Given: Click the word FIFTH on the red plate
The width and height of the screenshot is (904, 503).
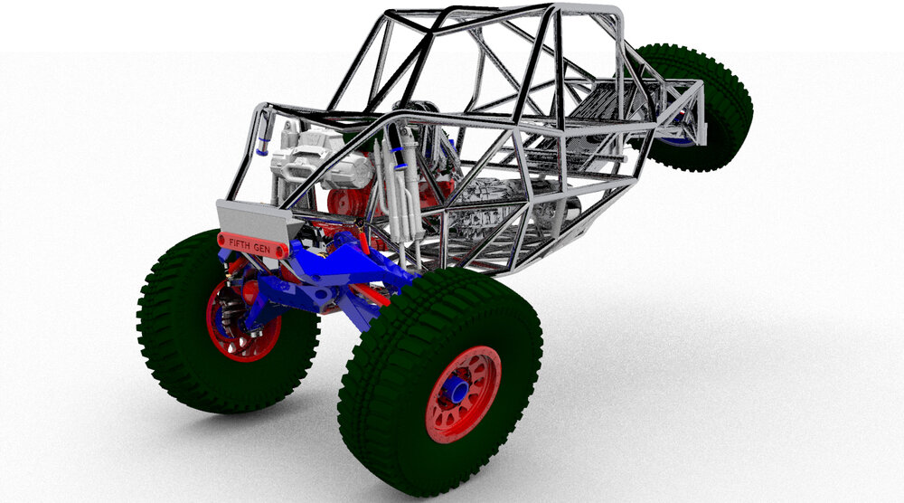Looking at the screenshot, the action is pos(240,243).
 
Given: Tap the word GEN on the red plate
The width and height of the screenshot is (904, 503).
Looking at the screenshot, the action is pos(262,248).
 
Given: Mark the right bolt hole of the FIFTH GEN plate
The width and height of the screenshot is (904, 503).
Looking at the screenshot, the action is pos(281,251).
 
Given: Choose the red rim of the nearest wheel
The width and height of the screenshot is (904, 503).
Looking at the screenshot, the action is pos(463,394).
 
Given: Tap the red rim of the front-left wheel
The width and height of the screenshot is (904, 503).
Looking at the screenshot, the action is pos(242,320).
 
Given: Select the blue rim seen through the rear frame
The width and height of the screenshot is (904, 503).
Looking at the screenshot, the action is pos(677,139).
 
